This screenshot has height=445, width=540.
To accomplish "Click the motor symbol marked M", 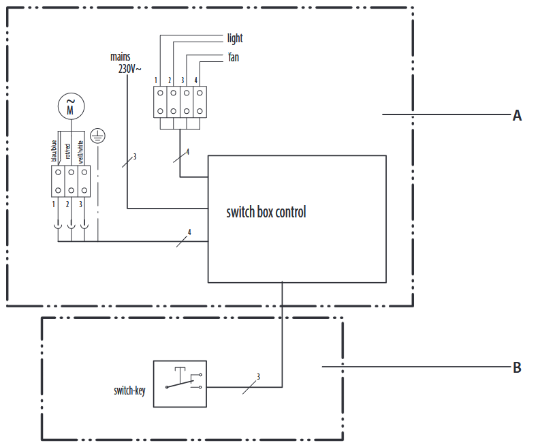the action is [71, 106].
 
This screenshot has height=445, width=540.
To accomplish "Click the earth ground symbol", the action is [98, 136].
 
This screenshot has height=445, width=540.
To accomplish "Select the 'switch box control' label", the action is [266, 212].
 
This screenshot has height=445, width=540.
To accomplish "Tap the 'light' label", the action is [235, 38].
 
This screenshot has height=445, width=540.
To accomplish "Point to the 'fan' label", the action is [234, 57].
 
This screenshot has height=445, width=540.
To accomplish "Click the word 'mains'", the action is [121, 57].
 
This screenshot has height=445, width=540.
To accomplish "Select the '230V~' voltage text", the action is [129, 69].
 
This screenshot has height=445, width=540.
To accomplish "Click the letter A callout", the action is [517, 116].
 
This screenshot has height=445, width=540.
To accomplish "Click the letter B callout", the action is [517, 367].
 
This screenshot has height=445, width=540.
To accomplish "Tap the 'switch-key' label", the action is [129, 390].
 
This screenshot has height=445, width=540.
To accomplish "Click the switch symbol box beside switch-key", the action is [180, 384].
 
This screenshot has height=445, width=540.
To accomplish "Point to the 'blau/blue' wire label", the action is [54, 151].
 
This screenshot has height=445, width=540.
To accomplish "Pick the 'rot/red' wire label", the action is [67, 151].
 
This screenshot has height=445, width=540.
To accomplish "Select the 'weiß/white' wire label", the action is [80, 152].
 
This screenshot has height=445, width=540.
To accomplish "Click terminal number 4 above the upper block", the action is [196, 80].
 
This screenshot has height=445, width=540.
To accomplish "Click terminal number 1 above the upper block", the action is [156, 80].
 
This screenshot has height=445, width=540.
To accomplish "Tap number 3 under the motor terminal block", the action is [80, 204].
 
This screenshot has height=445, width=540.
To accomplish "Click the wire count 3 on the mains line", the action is [135, 157].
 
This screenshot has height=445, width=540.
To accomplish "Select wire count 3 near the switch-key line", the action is [258, 377].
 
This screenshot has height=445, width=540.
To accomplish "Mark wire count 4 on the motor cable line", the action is [189, 232].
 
